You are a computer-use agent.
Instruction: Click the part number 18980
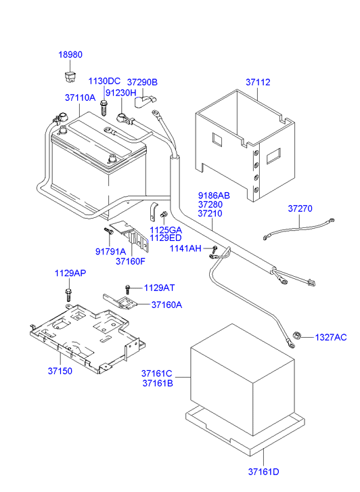[x=69, y=55]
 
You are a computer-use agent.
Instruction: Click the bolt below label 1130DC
[x=104, y=106]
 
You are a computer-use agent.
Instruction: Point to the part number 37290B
[x=142, y=82]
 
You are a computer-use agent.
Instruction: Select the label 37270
[x=300, y=208]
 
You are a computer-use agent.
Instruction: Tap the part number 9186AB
[x=214, y=195]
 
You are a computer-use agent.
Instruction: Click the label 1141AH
[x=185, y=249]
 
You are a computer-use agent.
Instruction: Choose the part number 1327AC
[x=331, y=337]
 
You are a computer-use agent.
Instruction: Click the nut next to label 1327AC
[x=297, y=334]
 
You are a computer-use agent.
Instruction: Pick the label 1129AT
[x=159, y=288]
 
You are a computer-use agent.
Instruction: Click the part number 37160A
[x=166, y=305]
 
